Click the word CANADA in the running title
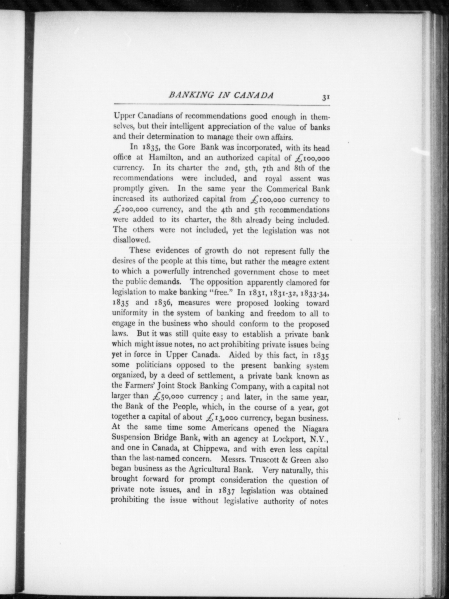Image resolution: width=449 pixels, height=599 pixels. point(253,96)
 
